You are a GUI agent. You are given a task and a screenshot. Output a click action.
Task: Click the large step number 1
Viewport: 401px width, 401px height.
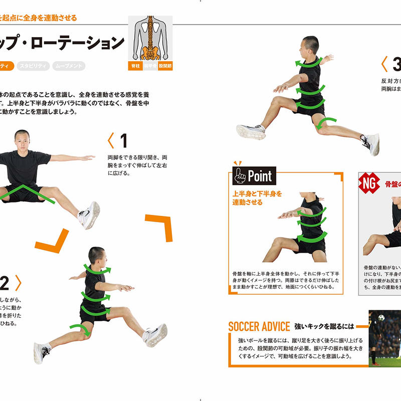pos(123,140)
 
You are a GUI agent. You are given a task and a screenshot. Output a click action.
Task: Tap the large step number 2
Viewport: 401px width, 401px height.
pos(5,284)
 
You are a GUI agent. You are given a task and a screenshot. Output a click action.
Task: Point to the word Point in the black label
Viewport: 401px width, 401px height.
pos(259,176)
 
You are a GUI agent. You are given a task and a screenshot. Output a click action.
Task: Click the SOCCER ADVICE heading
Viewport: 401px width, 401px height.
pos(259,327)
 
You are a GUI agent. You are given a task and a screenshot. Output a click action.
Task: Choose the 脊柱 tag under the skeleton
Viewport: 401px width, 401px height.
pos(135,66)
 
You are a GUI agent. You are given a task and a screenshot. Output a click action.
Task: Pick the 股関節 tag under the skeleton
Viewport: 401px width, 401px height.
pos(165,66)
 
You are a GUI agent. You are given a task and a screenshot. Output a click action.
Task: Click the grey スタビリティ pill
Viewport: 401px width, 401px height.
pos(33,66)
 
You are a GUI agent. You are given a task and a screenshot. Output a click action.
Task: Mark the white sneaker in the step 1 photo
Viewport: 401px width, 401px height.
pos(89,215)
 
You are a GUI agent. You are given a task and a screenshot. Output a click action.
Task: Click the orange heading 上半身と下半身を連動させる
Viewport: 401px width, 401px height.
pos(257,198)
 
